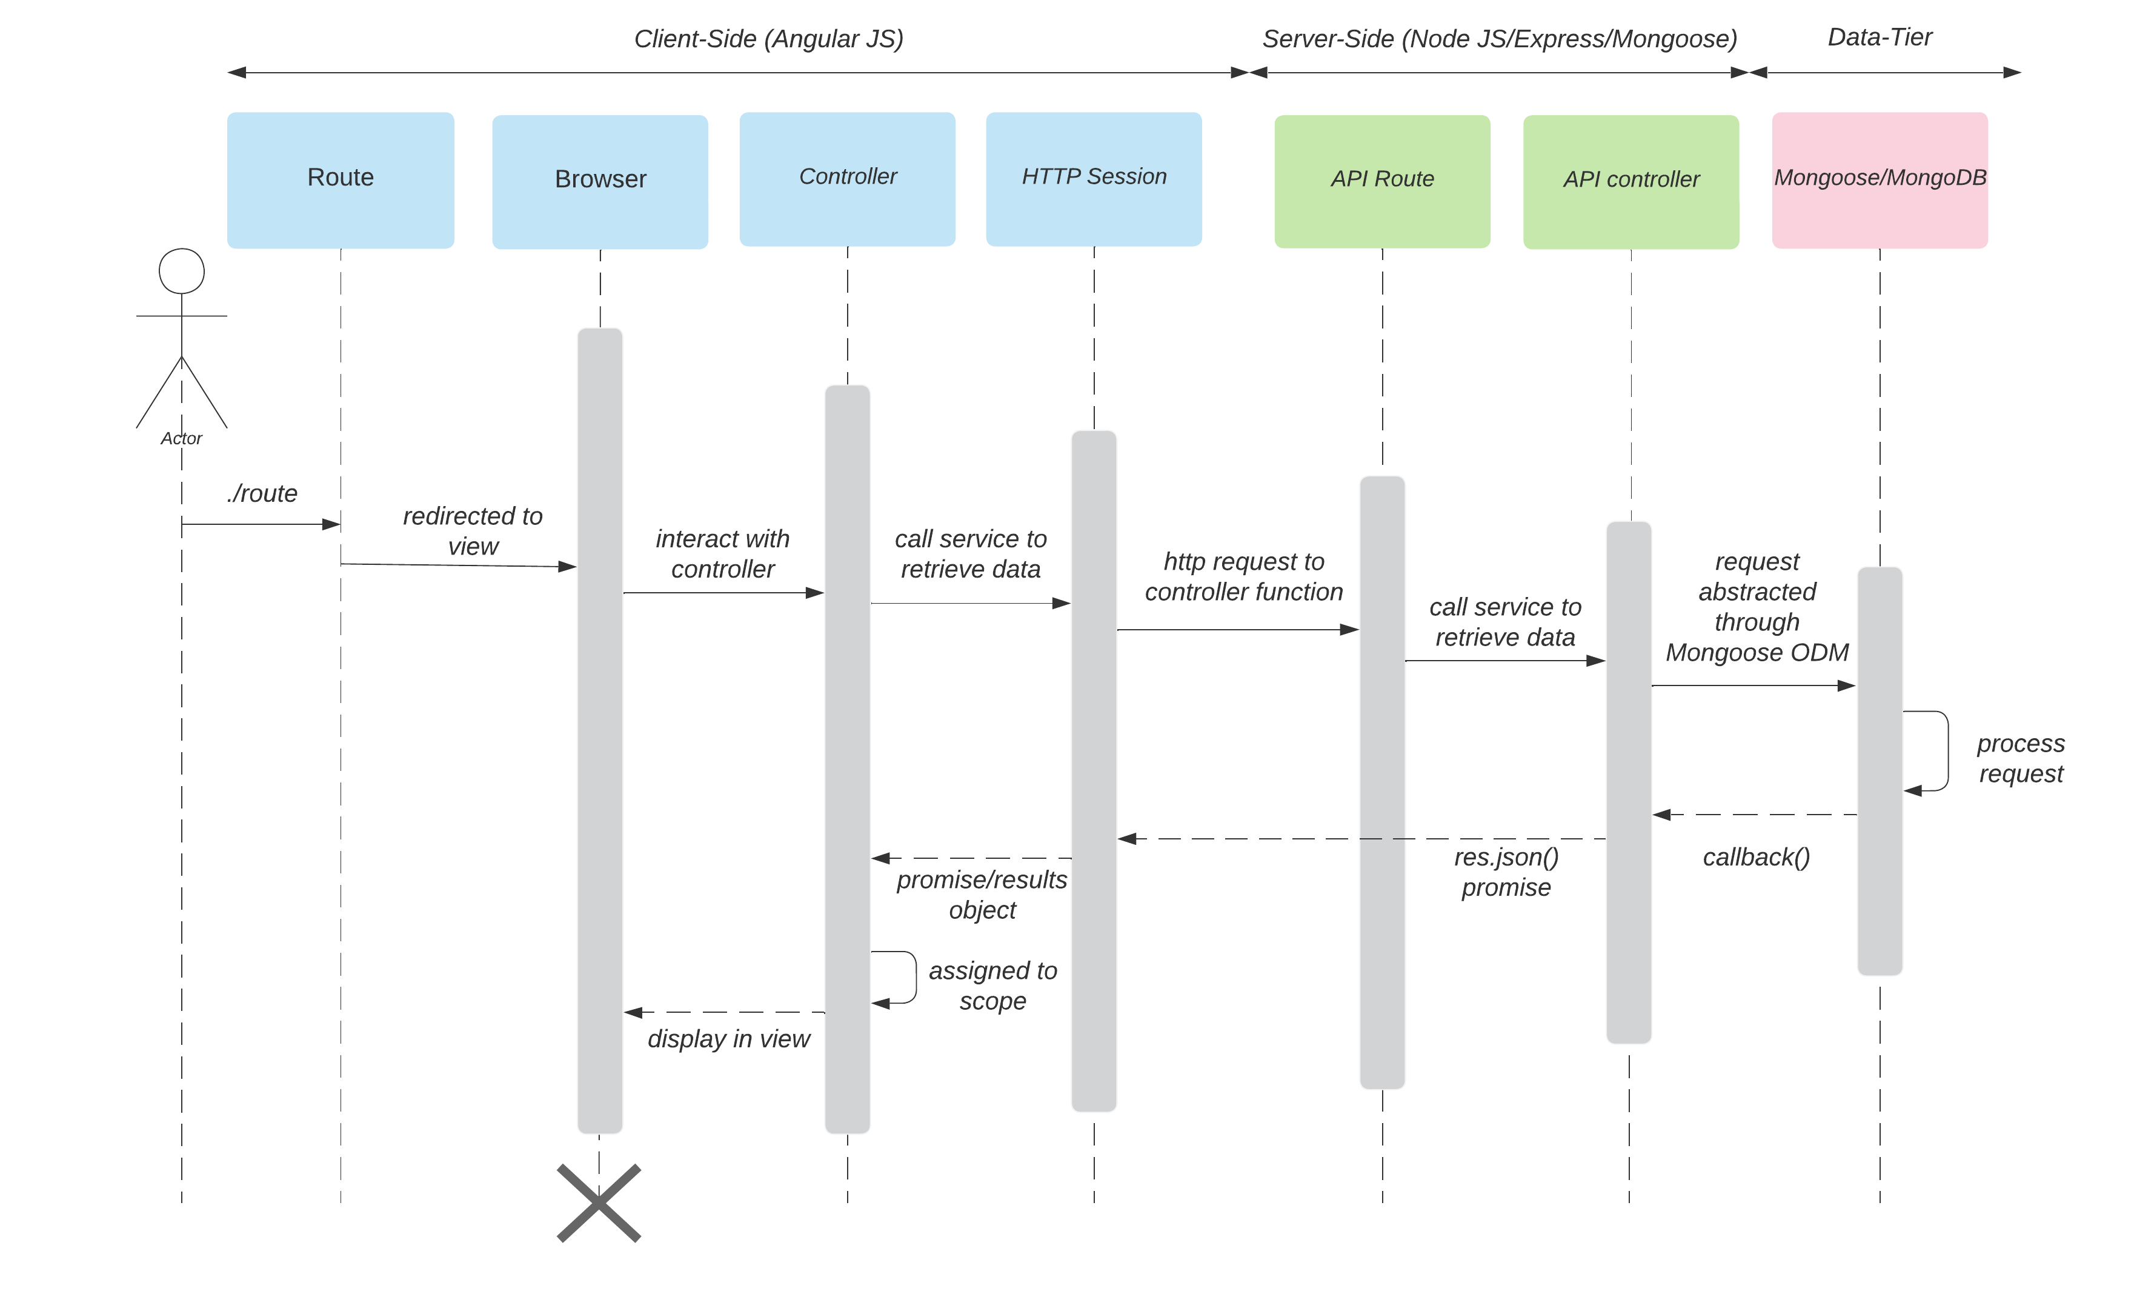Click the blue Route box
(340, 179)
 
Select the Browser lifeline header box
(600, 181)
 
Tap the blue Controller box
(847, 179)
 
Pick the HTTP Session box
(1094, 179)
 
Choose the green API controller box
(1631, 181)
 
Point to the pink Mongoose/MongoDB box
(1880, 179)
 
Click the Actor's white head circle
(181, 271)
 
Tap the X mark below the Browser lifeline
(599, 1202)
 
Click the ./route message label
(262, 493)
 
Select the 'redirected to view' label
(473, 531)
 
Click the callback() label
(1756, 857)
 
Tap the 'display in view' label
(729, 1038)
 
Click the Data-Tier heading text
(1880, 38)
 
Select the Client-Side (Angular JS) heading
(768, 39)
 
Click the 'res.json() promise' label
(1506, 872)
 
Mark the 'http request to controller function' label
(1243, 576)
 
